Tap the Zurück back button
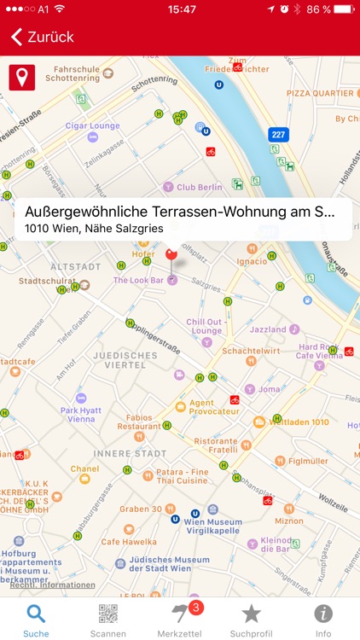pyautogui.click(x=43, y=37)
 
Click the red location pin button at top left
pyautogui.click(x=21, y=78)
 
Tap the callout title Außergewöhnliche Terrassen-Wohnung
pyautogui.click(x=179, y=212)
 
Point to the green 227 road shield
pyautogui.click(x=278, y=135)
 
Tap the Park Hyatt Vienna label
pyautogui.click(x=82, y=415)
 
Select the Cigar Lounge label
pyautogui.click(x=92, y=126)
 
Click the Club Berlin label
pyautogui.click(x=199, y=187)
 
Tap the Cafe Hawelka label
pyautogui.click(x=129, y=541)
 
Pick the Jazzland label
pyautogui.click(x=268, y=329)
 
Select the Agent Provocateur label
pyautogui.click(x=213, y=407)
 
